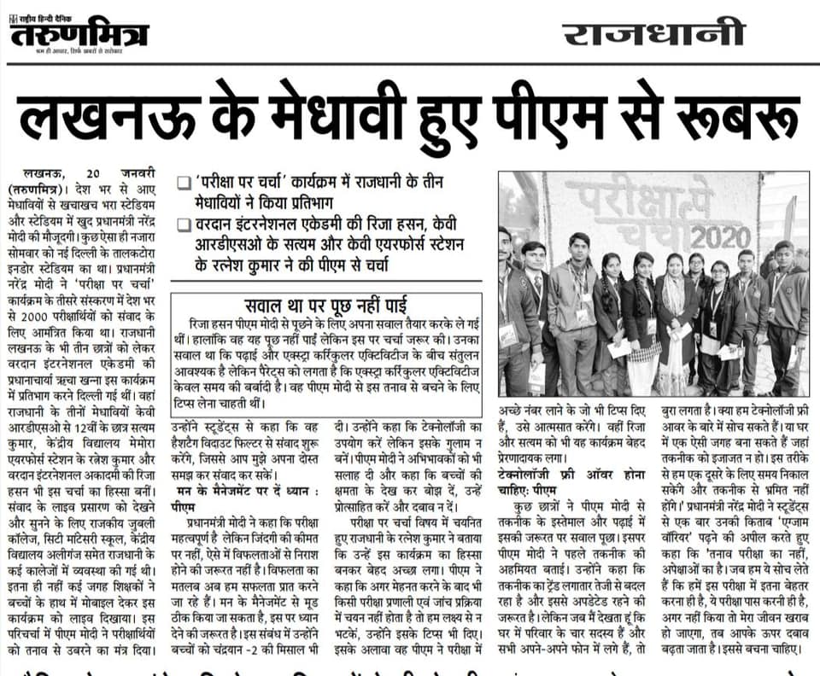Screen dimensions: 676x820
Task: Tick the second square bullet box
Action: (182, 224)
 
